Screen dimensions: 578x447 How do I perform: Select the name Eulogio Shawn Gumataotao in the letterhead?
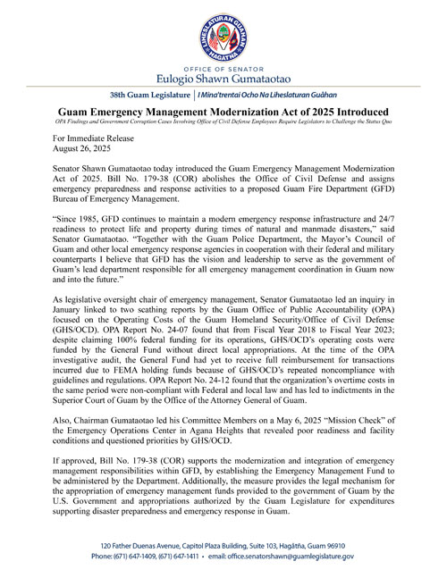(x=223, y=80)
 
